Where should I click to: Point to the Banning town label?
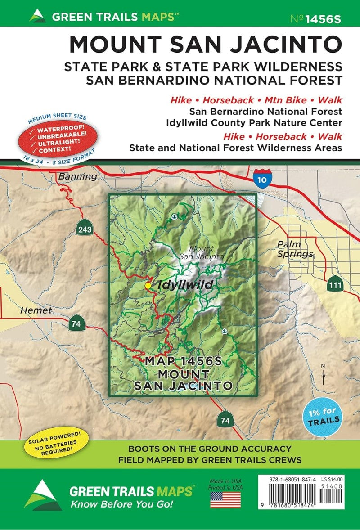click(77, 176)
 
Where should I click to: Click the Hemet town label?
click(36, 310)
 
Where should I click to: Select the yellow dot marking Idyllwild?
click(148, 285)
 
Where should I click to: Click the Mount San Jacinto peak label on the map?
click(201, 252)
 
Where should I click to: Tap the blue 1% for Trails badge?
click(324, 417)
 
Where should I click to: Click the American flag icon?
click(225, 499)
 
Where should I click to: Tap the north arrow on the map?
click(323, 375)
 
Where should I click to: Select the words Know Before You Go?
click(121, 504)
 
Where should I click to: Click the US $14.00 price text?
click(333, 479)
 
